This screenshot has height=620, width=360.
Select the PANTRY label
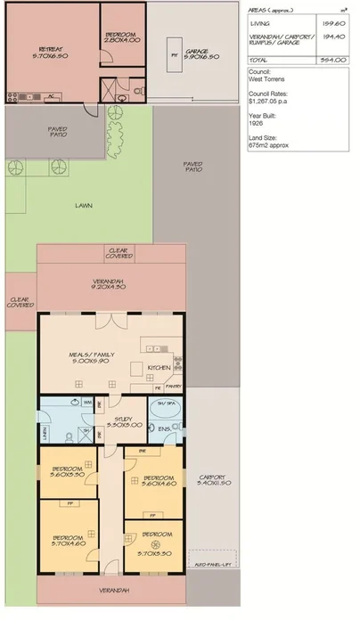pos(176,386)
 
